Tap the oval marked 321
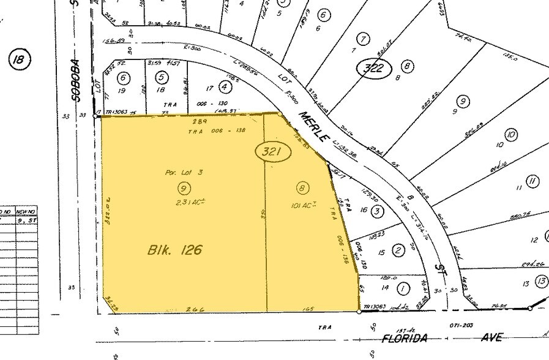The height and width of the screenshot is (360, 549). point(270,152)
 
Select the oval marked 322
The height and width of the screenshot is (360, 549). point(373,68)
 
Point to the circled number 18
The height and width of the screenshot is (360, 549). point(20,59)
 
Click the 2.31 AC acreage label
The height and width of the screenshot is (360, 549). point(182,203)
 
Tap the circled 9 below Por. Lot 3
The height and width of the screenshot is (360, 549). point(182,187)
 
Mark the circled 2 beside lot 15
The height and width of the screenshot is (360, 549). point(399,250)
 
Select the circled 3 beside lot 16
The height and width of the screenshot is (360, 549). point(378,211)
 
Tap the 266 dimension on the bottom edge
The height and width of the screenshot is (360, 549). point(182,310)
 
